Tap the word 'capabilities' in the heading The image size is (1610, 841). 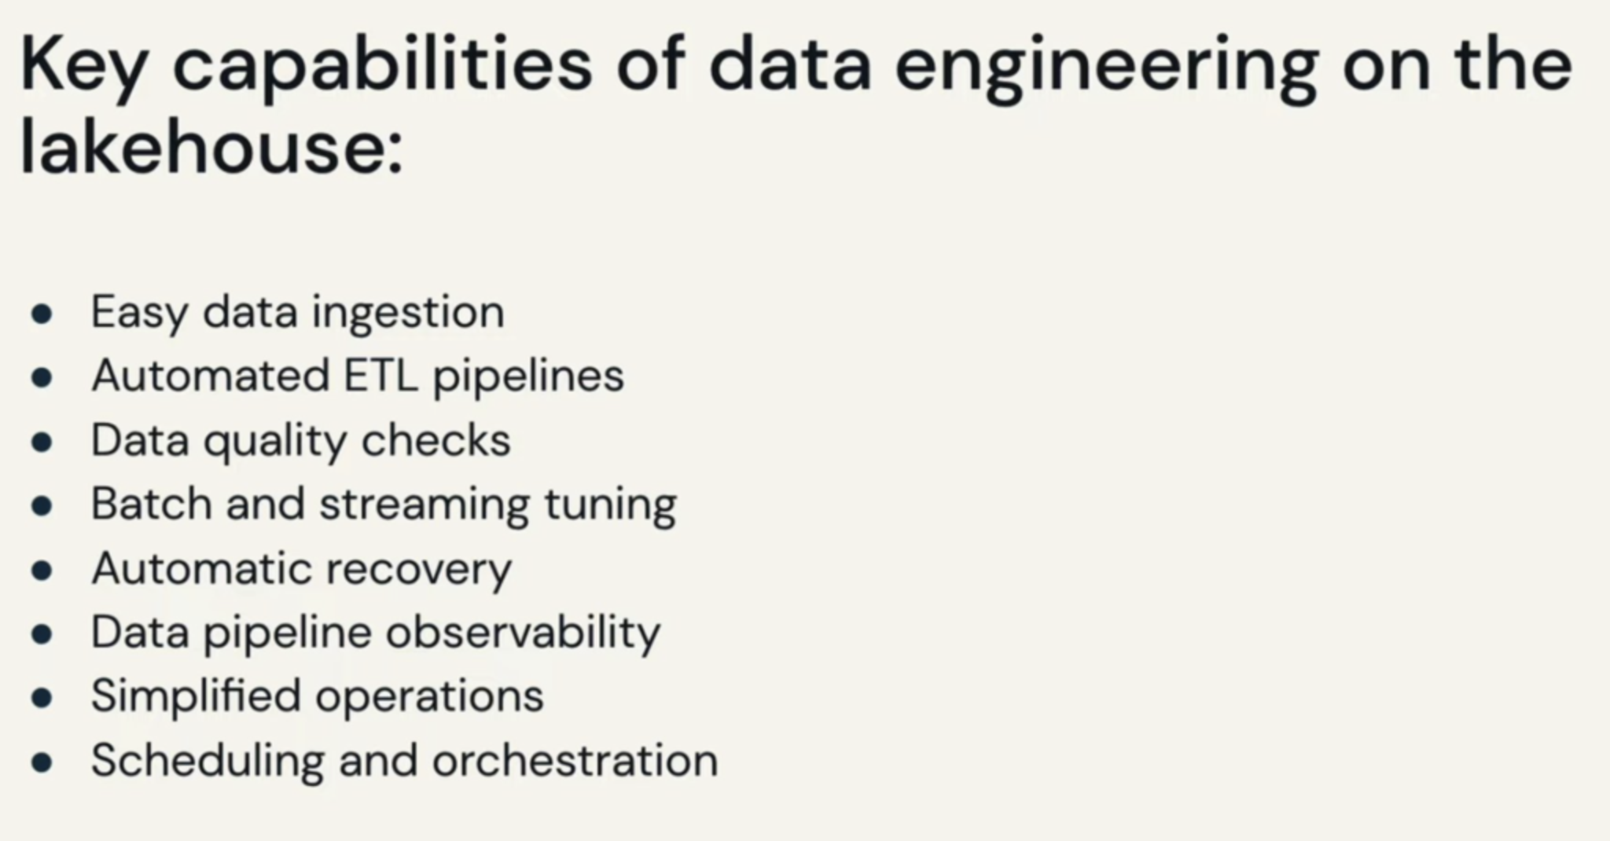pos(382,68)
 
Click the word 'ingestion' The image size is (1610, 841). pos(408,314)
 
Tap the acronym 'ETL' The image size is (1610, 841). pos(381,375)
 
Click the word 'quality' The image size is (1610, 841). pos(274,442)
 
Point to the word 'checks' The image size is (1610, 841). pos(436,439)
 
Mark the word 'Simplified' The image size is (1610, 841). pos(196,697)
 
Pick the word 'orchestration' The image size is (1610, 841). pos(575,761)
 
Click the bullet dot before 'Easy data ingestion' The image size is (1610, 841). pos(42,315)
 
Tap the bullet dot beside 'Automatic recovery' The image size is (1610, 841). pos(42,571)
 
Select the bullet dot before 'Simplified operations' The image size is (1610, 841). pos(42,699)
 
